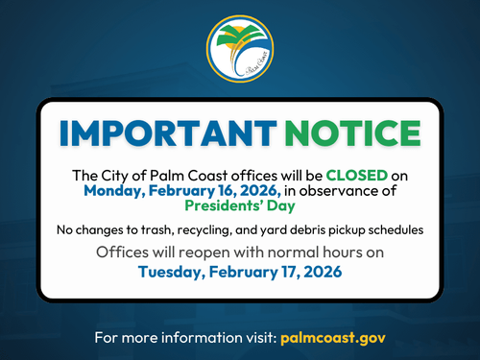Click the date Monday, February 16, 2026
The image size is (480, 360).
(x=181, y=191)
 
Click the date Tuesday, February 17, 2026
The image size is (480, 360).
(x=240, y=272)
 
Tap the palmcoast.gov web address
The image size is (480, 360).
(x=332, y=339)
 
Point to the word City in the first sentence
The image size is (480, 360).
(x=117, y=177)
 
